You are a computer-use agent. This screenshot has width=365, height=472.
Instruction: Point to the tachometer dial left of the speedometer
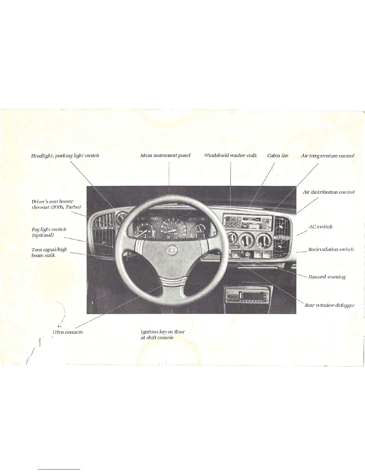coord(145,231)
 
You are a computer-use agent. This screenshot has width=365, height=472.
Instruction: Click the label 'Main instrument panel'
coord(165,156)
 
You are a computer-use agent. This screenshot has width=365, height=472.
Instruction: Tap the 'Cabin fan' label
coord(278,156)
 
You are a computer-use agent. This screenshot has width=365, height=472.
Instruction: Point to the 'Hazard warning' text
coord(327,277)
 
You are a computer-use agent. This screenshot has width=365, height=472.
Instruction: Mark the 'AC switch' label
coord(320,227)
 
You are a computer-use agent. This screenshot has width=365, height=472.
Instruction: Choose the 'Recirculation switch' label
coord(331,249)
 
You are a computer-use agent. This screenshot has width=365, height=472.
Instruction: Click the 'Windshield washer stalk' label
coord(230,156)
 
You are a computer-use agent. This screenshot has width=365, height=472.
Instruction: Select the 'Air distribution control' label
coord(328,192)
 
